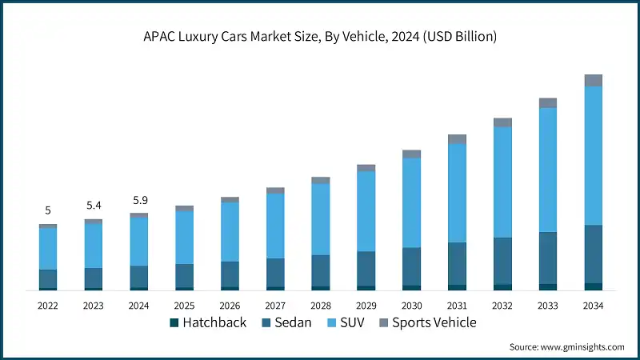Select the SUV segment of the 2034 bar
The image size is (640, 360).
(x=593, y=155)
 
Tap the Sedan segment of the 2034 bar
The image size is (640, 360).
(x=593, y=254)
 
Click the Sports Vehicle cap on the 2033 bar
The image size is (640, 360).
(x=547, y=103)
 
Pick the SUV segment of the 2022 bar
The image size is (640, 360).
(x=48, y=249)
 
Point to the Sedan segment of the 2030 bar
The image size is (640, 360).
(x=411, y=266)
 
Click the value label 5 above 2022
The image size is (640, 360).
(x=48, y=210)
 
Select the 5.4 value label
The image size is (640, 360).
(x=94, y=206)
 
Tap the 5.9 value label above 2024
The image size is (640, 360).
(x=138, y=200)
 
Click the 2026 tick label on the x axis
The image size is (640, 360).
(x=230, y=306)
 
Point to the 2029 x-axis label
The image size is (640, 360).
(x=366, y=306)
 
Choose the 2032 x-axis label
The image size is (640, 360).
(x=502, y=306)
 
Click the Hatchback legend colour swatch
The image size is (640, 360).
(x=174, y=323)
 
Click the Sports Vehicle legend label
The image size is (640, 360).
(x=434, y=323)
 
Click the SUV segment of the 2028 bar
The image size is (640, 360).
(x=321, y=219)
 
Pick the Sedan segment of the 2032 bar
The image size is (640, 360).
(x=502, y=261)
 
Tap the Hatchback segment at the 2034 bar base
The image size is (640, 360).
(x=593, y=286)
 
